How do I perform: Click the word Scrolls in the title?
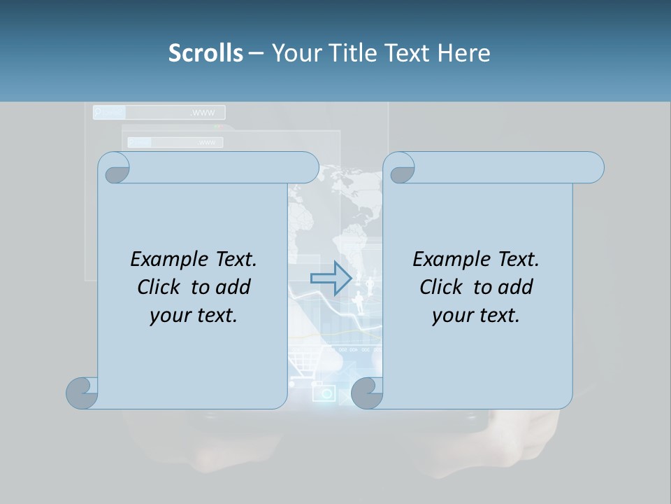point(205,53)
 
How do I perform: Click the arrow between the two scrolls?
point(330,278)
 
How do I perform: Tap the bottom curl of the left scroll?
point(82,393)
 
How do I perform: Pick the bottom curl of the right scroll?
point(366,393)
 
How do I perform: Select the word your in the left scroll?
point(172,316)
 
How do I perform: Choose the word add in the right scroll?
point(516,287)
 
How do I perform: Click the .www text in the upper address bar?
point(203,113)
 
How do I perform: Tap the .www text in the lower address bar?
point(207,143)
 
